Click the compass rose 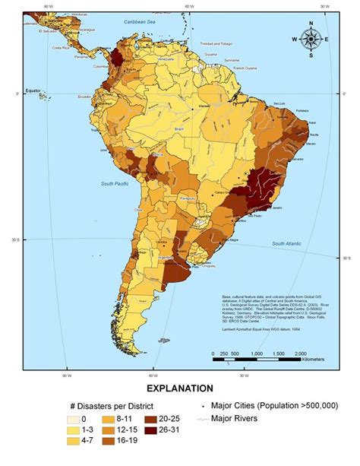311,40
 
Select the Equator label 32,90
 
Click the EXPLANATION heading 180,389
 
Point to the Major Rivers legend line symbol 204,418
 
